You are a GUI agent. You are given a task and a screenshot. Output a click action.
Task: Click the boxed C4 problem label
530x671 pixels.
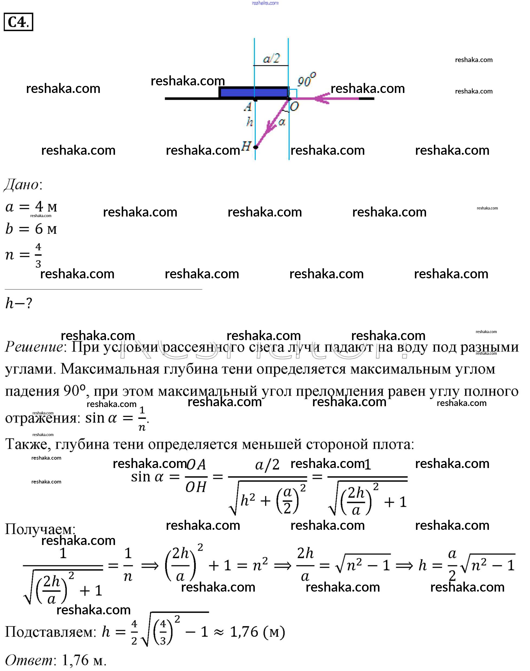point(18,22)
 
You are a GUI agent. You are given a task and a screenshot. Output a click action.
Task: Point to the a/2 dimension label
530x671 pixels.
point(271,58)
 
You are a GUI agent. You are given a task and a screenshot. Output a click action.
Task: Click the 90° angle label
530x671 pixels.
point(306,80)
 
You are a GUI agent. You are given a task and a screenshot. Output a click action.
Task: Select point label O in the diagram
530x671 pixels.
point(294,107)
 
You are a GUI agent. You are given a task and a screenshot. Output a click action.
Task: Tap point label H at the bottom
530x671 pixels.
point(246,146)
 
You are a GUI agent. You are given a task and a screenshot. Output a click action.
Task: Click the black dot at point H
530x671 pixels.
point(256,147)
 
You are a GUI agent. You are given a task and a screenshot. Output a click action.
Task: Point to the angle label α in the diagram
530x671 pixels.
point(282,122)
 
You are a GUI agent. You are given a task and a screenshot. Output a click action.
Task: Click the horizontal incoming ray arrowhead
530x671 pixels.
point(321,98)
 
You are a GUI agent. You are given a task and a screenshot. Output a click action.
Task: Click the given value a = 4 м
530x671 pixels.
point(31,207)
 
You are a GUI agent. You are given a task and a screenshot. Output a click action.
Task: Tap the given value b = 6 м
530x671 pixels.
point(31,229)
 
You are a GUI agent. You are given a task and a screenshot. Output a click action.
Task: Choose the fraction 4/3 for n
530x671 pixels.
point(38,255)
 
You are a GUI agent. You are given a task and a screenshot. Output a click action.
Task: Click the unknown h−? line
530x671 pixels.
point(19,303)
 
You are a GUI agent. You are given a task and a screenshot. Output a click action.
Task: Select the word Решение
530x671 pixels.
point(34,347)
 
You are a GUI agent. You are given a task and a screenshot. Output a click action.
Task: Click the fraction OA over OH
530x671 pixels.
point(196,476)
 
